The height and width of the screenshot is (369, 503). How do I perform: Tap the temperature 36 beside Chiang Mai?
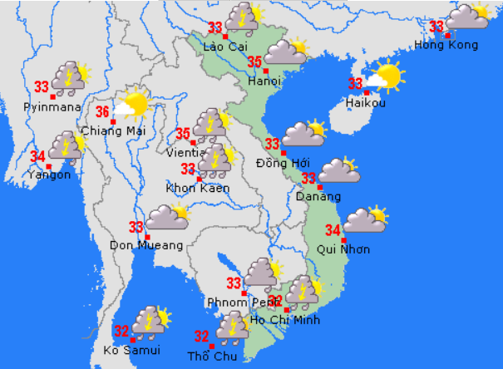point(103,111)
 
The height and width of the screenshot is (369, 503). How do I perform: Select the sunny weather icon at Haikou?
point(385,76)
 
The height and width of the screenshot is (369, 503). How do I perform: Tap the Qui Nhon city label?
point(344,249)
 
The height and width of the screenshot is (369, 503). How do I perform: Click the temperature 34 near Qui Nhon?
point(333,230)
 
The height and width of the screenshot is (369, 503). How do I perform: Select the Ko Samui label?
point(131,350)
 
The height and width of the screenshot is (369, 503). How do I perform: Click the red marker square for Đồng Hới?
point(284,153)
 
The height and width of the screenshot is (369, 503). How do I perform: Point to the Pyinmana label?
point(52,107)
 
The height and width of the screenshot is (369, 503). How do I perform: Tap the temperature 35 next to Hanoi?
point(254,61)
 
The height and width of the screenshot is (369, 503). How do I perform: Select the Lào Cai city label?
point(225,46)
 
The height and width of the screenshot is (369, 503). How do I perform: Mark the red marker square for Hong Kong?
point(448,35)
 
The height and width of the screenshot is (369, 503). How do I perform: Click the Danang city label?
point(318,197)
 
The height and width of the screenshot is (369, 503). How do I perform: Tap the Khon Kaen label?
point(198,189)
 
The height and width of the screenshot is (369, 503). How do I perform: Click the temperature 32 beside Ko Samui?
point(121,330)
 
